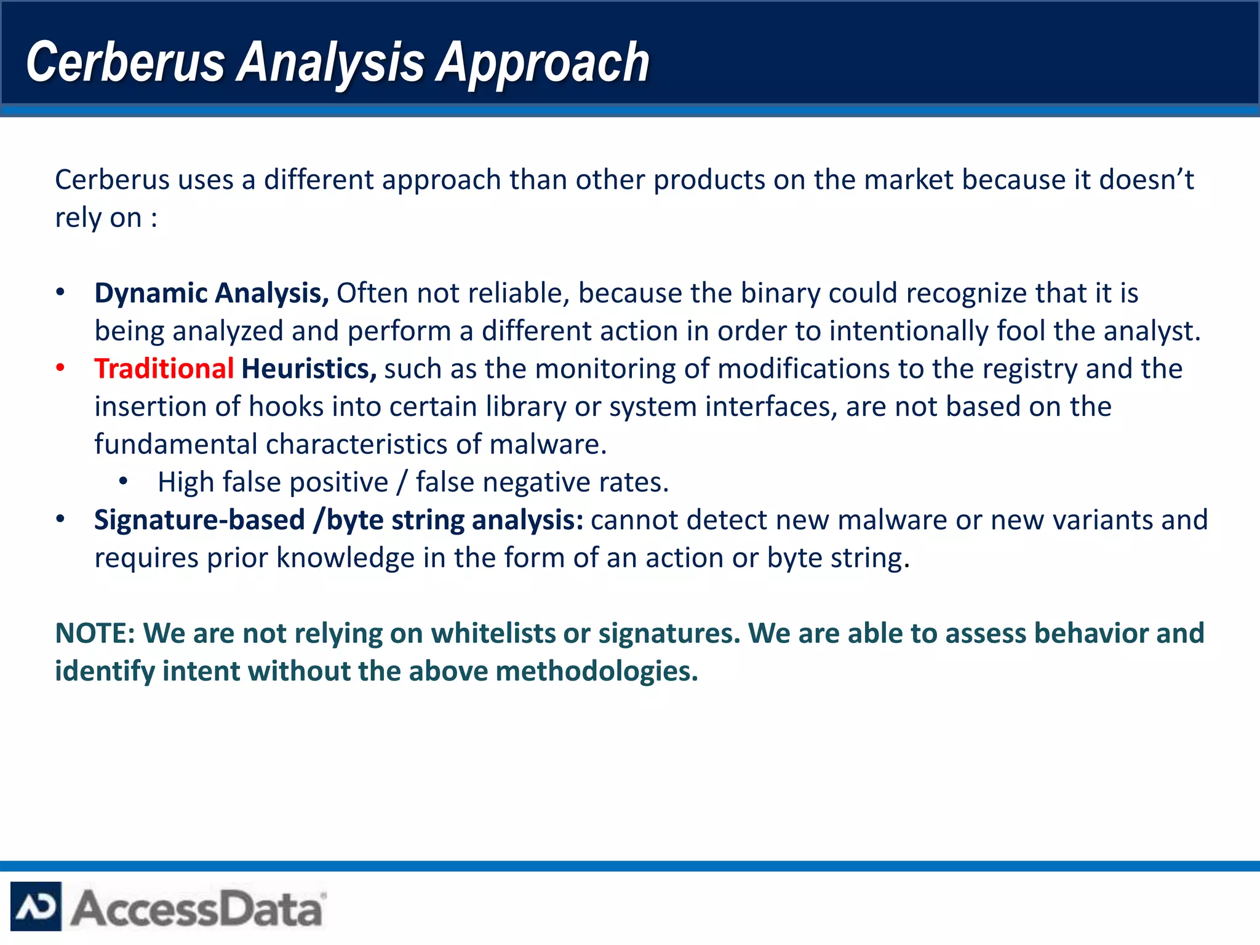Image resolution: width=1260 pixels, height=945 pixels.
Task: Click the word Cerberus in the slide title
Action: [x=126, y=62]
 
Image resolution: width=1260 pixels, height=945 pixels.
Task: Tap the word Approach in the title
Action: [x=543, y=62]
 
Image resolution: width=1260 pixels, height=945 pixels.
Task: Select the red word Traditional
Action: [x=164, y=369]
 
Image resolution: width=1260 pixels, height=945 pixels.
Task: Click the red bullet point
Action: [x=60, y=368]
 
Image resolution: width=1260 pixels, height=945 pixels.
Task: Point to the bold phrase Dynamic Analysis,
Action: [x=212, y=293]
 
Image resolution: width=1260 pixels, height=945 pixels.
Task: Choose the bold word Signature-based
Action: [x=199, y=520]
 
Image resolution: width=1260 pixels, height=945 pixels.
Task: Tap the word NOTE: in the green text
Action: [x=95, y=634]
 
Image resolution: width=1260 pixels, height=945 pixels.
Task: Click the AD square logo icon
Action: [x=36, y=906]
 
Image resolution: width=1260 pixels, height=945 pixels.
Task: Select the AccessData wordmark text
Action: [x=197, y=908]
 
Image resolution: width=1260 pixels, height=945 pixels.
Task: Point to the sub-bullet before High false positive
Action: [x=124, y=482]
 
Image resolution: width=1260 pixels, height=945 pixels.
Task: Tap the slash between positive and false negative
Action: [x=402, y=482]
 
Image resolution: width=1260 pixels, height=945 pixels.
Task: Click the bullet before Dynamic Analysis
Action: [x=60, y=293]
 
